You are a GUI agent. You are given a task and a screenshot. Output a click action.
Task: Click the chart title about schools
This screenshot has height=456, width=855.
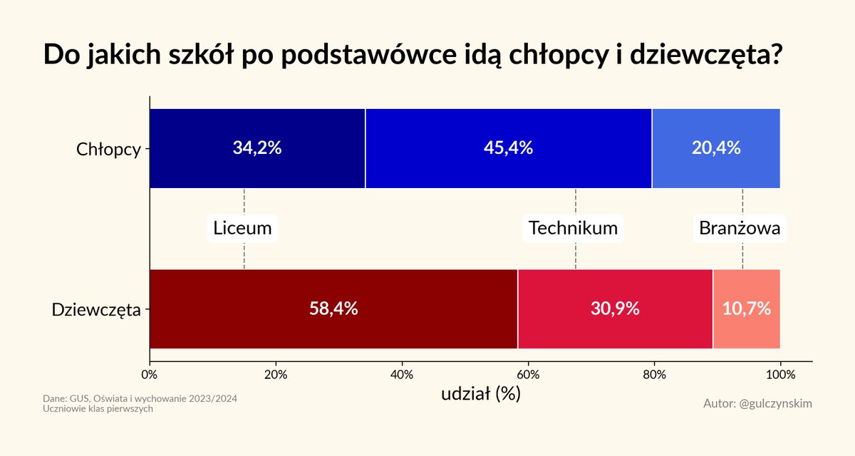coord(414,56)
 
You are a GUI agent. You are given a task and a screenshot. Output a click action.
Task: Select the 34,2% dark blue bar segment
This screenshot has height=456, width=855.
coord(257,148)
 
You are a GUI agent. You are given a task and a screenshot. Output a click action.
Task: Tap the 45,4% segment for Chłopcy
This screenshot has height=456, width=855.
coord(509,148)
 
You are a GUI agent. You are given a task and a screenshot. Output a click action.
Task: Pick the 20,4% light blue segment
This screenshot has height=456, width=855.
coord(716,148)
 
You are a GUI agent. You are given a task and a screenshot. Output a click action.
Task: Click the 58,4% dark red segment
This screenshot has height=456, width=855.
coord(333,309)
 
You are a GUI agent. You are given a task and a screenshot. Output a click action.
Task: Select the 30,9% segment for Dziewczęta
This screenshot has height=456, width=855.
coord(615,309)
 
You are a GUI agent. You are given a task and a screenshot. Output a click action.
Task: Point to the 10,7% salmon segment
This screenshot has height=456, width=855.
coord(746,309)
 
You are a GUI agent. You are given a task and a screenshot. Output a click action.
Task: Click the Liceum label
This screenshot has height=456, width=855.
coord(243,229)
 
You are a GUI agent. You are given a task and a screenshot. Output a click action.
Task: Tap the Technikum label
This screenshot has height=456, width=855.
coord(574,229)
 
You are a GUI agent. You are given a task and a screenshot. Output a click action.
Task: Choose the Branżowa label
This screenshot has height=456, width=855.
coord(740,229)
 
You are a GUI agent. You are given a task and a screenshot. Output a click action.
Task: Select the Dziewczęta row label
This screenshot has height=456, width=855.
coord(96,310)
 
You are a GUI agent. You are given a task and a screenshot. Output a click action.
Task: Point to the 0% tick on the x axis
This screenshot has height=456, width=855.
coord(150,374)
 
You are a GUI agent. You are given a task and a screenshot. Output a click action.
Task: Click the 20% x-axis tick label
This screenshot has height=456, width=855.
coord(276,374)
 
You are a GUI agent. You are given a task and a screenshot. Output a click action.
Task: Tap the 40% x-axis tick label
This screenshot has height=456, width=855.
coord(402,374)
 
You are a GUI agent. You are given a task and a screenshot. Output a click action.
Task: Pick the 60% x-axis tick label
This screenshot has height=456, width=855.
coord(528,374)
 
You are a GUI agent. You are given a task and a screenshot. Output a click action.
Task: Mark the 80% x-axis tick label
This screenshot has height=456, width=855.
coord(654,374)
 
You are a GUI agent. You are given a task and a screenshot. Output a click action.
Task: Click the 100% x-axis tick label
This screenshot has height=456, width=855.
coord(780,374)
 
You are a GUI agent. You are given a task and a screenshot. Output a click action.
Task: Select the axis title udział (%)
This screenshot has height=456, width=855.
coord(481,393)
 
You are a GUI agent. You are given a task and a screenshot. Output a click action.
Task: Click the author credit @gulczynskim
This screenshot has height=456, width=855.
coord(757,403)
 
